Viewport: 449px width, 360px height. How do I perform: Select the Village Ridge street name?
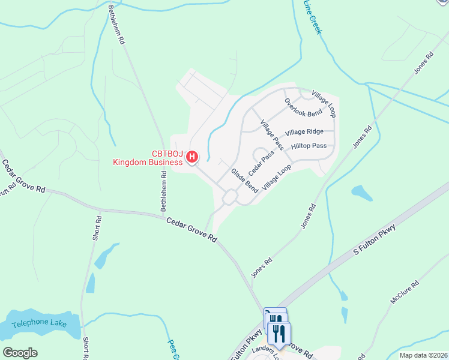pyautogui.click(x=304, y=132)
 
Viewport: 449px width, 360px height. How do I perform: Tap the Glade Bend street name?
pyautogui.click(x=244, y=181)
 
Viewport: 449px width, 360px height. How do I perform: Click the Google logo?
pyautogui.click(x=20, y=353)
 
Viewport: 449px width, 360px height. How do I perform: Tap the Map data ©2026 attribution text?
pyautogui.click(x=421, y=355)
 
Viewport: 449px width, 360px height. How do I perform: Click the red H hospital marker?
pyautogui.click(x=192, y=157)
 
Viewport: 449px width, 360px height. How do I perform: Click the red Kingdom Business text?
pyautogui.click(x=148, y=162)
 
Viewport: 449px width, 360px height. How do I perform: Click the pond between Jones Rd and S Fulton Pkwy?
pyautogui.click(x=361, y=193)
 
